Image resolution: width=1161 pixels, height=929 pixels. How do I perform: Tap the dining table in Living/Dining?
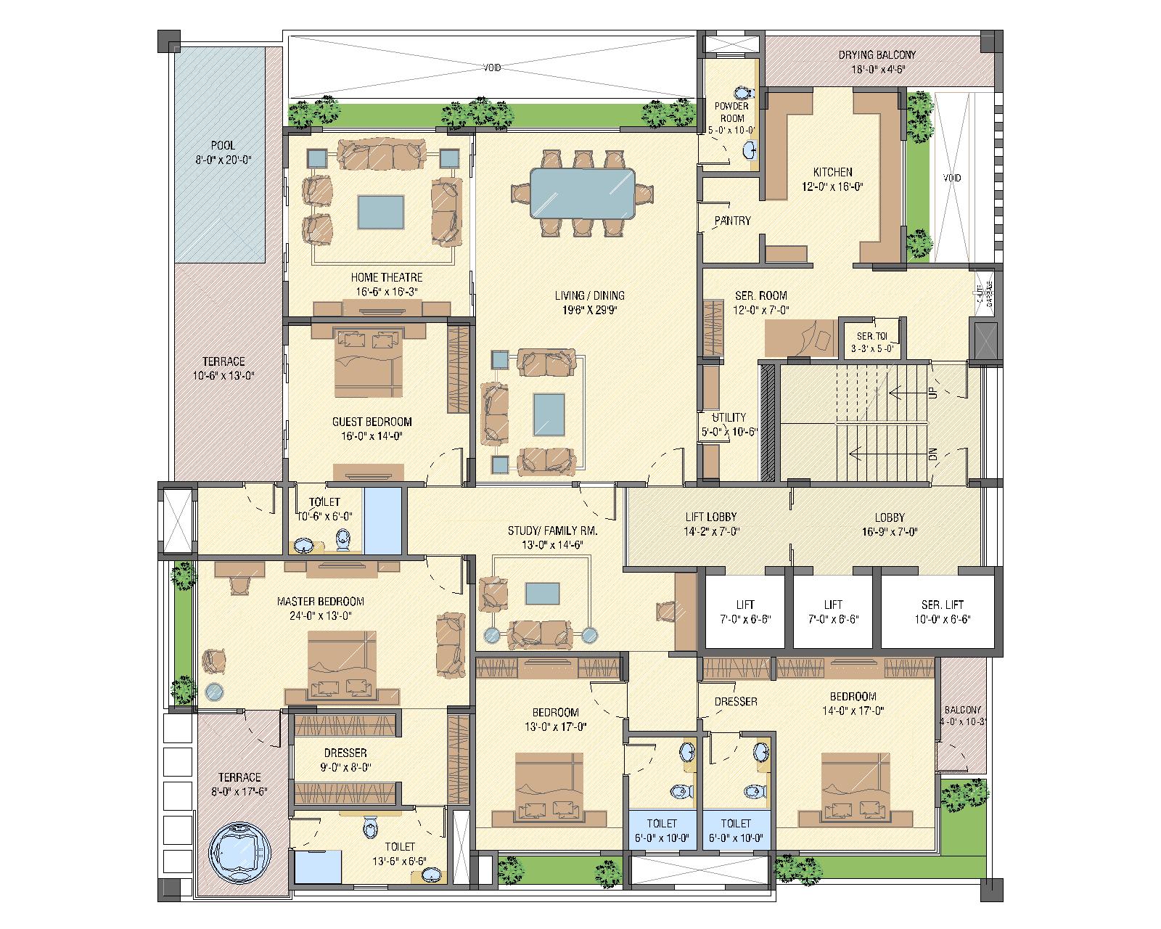click(x=583, y=193)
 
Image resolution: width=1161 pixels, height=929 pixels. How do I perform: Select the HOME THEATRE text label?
click(x=386, y=277)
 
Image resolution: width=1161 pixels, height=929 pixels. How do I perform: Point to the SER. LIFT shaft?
click(x=943, y=610)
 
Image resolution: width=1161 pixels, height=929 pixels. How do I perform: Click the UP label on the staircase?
click(x=932, y=392)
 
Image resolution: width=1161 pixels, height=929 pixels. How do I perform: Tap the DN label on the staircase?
click(x=932, y=454)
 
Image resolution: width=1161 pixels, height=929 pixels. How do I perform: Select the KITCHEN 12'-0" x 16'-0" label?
click(x=832, y=179)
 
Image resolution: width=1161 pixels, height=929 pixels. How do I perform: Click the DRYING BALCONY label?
click(x=877, y=55)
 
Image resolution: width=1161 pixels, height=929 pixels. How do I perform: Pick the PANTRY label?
click(x=732, y=221)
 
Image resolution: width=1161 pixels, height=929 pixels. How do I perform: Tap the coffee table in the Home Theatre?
click(x=380, y=212)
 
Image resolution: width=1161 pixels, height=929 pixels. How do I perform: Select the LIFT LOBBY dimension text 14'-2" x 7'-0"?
click(x=711, y=531)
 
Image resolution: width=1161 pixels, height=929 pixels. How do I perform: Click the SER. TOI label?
click(x=871, y=337)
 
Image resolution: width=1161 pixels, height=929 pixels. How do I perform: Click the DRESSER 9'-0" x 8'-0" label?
click(x=345, y=760)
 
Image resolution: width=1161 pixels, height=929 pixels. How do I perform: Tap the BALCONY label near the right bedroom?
click(x=962, y=711)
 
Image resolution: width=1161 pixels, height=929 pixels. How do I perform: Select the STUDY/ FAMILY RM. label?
click(x=552, y=531)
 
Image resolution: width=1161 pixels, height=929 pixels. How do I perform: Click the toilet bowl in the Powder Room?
click(x=742, y=94)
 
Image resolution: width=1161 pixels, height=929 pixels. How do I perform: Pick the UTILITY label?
click(x=729, y=417)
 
